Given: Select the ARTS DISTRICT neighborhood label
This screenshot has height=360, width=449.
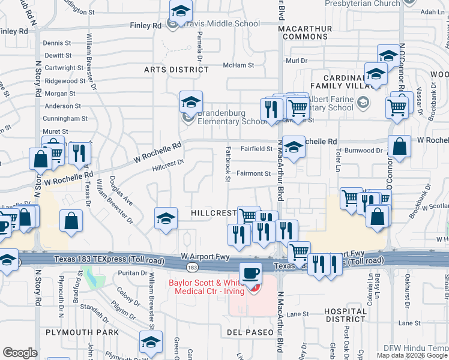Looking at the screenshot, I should tap(176, 70).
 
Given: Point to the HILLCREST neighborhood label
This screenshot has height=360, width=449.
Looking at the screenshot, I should tap(214, 213).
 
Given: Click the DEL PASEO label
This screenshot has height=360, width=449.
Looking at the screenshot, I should tap(250, 332).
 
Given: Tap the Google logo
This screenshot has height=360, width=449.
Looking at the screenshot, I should tap(20, 353).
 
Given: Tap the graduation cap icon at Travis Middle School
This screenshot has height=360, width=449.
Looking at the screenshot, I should tap(179, 11).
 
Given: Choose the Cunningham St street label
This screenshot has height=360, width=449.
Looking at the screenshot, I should tap(66, 119).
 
